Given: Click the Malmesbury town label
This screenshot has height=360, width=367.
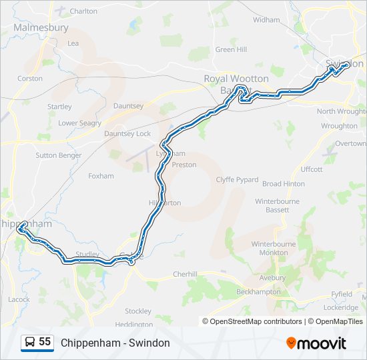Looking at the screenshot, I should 41,28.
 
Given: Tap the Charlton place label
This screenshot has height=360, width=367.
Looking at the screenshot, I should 83,11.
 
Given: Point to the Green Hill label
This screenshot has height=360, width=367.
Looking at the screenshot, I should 231,49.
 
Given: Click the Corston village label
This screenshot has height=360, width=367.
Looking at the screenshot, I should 30,78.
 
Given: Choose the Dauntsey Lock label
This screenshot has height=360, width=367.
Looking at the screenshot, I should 127,133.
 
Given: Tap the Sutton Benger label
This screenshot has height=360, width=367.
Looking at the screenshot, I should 59,155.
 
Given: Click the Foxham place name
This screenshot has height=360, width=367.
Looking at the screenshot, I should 101,176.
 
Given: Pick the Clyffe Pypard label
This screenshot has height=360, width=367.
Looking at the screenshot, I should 237,180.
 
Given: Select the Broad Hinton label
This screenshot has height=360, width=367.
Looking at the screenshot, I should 284,184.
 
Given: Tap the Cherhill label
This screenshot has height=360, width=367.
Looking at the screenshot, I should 186,274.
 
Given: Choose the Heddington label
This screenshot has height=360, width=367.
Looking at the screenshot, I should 133,325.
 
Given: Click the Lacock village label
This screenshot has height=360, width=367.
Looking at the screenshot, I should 19,299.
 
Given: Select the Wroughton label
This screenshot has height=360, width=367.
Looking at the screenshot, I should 339,125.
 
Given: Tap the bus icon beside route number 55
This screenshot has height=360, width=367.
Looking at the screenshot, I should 30,342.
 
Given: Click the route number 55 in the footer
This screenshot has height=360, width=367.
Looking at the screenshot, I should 45,342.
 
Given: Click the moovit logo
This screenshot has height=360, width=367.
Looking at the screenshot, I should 316,343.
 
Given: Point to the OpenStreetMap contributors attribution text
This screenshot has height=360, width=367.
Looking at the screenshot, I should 256,321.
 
